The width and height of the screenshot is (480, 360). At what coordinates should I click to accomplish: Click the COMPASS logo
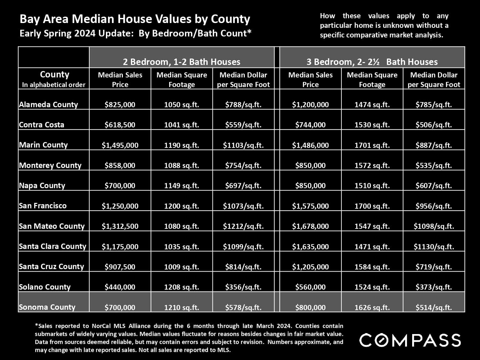coord(410,340)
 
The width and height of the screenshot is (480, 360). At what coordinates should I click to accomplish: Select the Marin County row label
coord(43,145)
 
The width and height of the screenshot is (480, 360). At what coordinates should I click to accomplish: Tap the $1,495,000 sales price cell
coord(120,145)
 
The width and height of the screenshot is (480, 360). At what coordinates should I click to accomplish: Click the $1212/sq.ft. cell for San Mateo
coord(243,226)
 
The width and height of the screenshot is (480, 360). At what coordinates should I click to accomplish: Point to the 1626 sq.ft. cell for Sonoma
coord(372,308)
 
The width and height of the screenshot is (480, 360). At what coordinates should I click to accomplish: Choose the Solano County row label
coord(44,287)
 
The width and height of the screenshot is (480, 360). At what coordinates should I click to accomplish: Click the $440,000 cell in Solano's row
coord(120,287)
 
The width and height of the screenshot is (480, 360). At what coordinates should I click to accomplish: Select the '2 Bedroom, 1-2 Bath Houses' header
coord(181,62)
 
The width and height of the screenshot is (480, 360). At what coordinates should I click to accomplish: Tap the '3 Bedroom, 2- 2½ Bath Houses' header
coord(372,62)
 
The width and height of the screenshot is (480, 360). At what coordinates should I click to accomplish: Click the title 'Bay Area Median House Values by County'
coord(135,19)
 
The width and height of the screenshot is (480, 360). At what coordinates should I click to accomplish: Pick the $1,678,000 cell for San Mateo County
coord(310,226)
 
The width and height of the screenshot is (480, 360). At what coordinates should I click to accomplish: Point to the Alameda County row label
coord(48,105)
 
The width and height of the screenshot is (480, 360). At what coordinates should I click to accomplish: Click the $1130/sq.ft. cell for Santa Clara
coord(434,247)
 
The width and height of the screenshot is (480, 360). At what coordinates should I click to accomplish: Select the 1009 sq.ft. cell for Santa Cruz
coord(181,267)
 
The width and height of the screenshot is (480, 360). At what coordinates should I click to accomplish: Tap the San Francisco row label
coord(43,206)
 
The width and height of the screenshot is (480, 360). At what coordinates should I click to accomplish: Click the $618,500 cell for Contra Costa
coord(120,125)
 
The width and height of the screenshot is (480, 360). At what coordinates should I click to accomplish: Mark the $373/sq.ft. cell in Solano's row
coord(434,287)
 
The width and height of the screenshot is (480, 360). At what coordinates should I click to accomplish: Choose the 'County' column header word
coord(54,75)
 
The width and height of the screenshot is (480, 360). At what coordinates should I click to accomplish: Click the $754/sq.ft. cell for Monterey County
coord(243,165)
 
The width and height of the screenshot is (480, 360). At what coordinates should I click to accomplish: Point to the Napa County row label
coord(42,186)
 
